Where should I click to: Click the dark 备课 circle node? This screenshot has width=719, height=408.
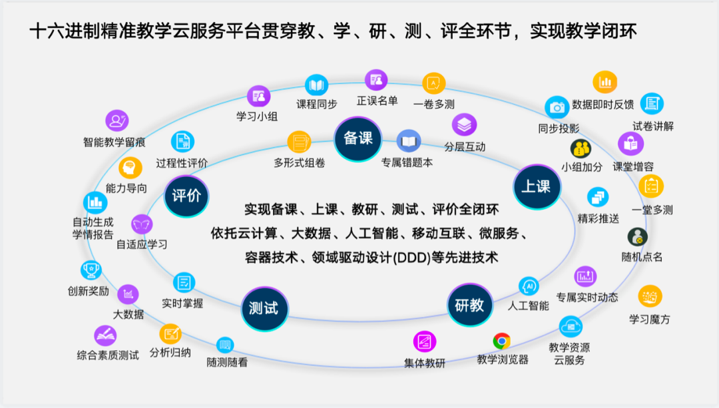tap(358, 138)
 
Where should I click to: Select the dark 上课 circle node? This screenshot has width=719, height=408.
tap(535, 186)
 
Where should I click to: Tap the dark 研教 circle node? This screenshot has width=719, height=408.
tap(469, 305)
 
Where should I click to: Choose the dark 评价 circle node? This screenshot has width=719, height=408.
tap(186, 196)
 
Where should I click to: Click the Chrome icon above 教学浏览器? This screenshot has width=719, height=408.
tap(502, 341)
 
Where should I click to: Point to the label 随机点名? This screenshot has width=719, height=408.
tap(642, 257)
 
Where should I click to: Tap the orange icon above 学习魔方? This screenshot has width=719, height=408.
tap(650, 296)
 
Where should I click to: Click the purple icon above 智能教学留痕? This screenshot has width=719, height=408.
tap(117, 120)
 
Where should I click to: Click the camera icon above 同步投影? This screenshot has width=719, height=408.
tap(557, 107)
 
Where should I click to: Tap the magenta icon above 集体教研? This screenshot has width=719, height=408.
tap(425, 342)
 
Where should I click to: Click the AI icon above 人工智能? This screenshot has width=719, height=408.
tap(529, 286)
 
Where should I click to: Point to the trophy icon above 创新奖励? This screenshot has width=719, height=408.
tap(91, 270)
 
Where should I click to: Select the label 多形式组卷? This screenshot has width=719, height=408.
tap(300, 162)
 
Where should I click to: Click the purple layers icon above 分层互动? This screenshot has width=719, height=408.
tap(465, 124)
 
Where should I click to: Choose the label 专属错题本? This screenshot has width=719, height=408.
tap(407, 162)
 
